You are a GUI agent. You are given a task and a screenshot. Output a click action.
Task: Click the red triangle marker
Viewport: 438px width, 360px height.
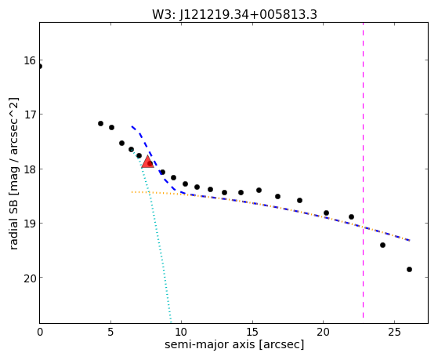147,162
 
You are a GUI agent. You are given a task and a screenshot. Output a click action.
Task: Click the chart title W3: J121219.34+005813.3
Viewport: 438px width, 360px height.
234,15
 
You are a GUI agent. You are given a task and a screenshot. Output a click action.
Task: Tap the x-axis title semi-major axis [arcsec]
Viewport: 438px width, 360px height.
234,344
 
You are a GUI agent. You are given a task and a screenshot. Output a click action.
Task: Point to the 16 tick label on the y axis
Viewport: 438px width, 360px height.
30,60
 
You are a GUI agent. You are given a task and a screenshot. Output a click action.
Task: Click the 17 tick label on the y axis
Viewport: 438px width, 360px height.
30,115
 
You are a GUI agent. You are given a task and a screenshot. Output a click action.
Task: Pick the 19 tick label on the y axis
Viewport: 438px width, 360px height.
30,224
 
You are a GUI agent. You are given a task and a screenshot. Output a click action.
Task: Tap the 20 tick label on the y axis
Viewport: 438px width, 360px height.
30,278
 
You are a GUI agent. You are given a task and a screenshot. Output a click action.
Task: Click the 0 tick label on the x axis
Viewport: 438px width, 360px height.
40,332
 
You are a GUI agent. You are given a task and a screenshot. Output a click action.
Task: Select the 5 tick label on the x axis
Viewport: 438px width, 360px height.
110,332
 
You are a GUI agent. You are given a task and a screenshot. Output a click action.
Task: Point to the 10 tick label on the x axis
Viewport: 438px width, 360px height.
182,332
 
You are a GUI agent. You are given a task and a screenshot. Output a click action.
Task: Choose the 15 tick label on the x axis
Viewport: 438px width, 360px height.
252,332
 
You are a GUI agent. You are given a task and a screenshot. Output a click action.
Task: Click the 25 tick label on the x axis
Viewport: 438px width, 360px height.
394,332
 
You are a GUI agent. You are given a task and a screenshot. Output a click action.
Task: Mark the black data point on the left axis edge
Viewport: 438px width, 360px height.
40,67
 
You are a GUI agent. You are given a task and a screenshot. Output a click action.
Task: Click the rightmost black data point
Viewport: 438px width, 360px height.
409,269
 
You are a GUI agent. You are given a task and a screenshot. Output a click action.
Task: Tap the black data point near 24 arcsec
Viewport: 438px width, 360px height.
382,245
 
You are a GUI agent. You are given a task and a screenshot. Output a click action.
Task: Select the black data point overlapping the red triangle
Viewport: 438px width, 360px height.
150,163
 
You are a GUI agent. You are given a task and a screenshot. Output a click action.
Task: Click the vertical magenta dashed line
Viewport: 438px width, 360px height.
363,170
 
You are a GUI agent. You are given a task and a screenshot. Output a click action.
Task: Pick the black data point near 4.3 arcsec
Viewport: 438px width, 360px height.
100,123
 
